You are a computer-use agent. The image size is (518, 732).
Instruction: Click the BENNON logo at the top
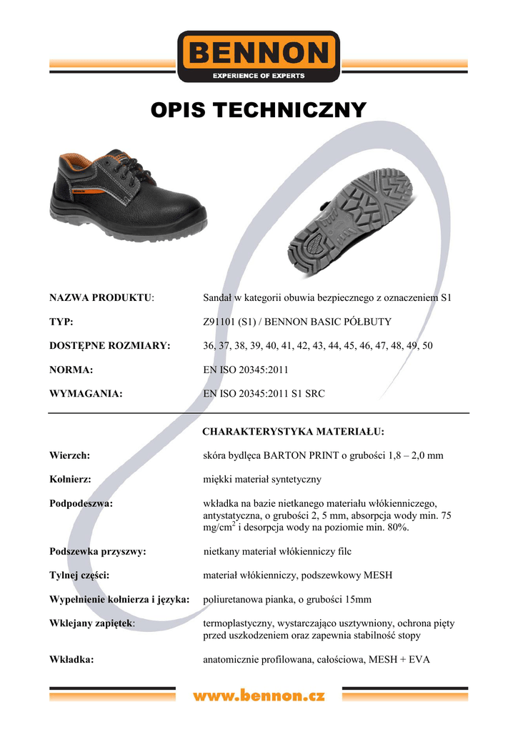[x=259, y=56]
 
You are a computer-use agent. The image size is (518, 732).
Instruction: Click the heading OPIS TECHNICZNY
[x=259, y=110]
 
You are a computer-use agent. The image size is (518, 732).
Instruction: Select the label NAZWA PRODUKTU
[x=101, y=297]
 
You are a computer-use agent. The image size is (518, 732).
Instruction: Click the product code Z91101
[x=221, y=322]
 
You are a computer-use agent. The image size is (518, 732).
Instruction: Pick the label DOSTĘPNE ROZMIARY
[x=110, y=346]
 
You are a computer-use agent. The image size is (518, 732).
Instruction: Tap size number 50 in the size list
[x=427, y=346]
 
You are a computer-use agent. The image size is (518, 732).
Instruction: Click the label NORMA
[x=71, y=370]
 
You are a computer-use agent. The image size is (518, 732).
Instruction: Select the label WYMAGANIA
[x=86, y=394]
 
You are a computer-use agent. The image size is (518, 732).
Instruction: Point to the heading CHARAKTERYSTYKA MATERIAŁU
[x=294, y=432]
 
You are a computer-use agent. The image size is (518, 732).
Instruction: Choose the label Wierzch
[x=69, y=455]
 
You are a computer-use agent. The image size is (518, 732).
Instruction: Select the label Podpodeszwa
[x=81, y=503]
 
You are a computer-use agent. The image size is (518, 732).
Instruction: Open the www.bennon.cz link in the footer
[x=259, y=695]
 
